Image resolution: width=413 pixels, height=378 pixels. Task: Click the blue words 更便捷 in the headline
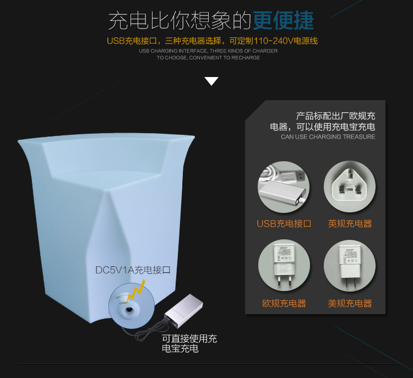click(284, 20)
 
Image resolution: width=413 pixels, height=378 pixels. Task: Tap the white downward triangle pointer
click(211, 81)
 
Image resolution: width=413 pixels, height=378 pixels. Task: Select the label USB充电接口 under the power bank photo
click(284, 224)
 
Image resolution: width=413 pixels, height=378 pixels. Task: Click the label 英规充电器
click(350, 224)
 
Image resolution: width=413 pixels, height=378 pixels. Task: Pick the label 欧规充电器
click(284, 303)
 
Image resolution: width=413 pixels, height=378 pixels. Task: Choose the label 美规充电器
click(350, 303)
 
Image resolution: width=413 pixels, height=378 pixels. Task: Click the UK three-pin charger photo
click(350, 187)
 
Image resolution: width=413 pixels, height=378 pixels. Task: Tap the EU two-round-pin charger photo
click(284, 265)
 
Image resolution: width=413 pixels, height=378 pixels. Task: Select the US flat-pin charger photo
click(350, 265)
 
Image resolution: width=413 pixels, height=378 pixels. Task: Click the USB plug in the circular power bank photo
click(293, 177)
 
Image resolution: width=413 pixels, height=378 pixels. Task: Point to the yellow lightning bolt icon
click(136, 292)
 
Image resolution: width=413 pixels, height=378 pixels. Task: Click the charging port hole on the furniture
click(128, 309)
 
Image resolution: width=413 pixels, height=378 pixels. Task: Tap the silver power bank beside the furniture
click(183, 311)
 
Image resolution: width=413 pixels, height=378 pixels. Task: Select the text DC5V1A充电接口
click(133, 270)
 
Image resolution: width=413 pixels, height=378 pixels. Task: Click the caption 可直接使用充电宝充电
click(189, 343)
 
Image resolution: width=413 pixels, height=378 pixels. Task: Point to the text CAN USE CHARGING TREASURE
click(328, 137)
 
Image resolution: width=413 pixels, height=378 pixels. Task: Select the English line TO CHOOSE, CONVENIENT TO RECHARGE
click(208, 58)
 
